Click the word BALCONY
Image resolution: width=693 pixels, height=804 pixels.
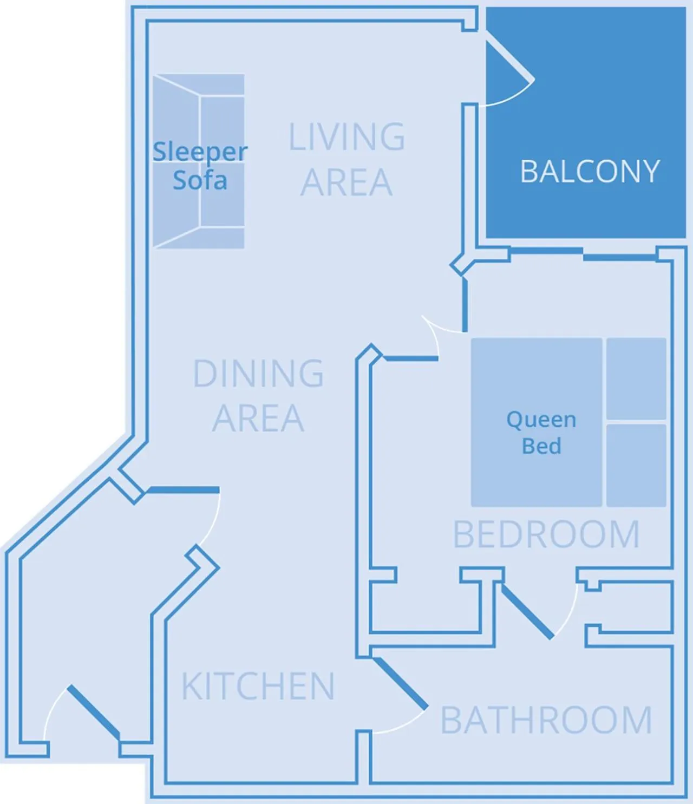tap(590, 171)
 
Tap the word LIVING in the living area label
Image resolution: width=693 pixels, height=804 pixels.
tap(346, 136)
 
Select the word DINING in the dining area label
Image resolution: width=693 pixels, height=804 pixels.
tap(258, 374)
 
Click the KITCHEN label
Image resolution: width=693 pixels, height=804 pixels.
tap(258, 686)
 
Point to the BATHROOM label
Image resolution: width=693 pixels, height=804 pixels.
tap(546, 720)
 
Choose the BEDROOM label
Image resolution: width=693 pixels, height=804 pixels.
tap(546, 534)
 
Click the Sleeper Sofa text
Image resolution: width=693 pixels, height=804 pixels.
tap(200, 166)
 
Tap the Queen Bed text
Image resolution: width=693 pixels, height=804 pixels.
tap(541, 433)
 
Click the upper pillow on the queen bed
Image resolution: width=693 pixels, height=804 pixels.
tap(636, 378)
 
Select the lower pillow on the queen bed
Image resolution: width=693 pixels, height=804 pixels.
tap(636, 465)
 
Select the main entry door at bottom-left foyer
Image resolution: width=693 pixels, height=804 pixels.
tap(93, 712)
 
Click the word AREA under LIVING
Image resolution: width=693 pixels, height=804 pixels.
tap(346, 182)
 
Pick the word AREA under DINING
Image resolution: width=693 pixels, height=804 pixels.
tap(258, 418)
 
